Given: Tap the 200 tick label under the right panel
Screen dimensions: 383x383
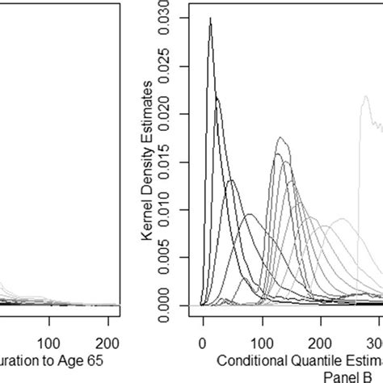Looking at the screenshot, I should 322,341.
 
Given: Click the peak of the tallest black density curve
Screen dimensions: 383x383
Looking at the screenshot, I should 210,18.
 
